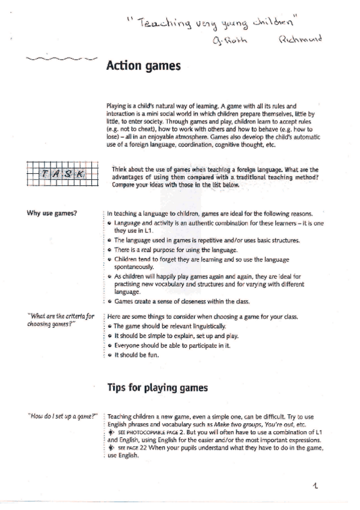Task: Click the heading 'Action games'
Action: [x=142, y=66]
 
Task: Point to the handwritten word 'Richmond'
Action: [x=300, y=40]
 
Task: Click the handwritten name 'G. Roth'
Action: [x=229, y=40]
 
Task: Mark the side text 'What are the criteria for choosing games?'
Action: [x=61, y=319]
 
